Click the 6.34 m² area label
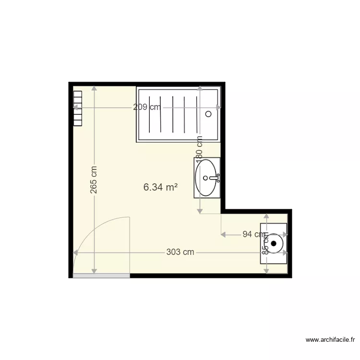(x=160, y=187)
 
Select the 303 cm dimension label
(x=180, y=252)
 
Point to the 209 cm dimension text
(x=147, y=108)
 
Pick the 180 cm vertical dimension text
(x=200, y=148)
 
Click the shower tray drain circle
(x=208, y=114)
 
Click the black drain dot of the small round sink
(x=274, y=243)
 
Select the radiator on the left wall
(x=78, y=108)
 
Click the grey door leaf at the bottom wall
(x=101, y=276)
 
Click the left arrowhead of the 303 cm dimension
(x=75, y=252)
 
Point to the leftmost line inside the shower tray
(x=150, y=114)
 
